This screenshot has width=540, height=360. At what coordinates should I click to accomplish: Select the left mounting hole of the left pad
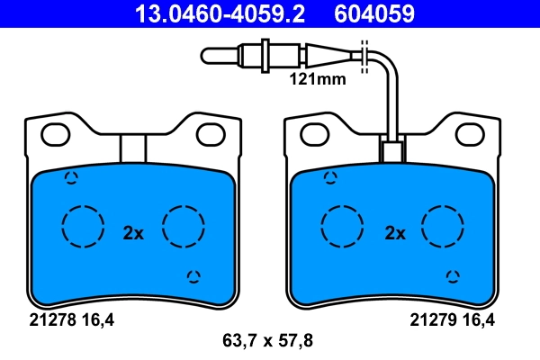point(57,134)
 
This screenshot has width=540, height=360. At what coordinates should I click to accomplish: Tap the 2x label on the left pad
point(133,233)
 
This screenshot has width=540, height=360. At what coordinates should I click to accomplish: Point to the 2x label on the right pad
point(395,233)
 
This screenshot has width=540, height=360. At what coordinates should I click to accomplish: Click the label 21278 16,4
point(67,319)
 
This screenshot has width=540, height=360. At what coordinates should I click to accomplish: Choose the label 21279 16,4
point(454,319)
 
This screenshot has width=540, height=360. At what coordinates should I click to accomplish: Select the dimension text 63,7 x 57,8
point(267,341)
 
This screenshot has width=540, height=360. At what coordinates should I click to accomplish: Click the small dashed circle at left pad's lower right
point(193,276)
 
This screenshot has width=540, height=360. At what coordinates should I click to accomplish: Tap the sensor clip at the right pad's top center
point(392,151)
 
